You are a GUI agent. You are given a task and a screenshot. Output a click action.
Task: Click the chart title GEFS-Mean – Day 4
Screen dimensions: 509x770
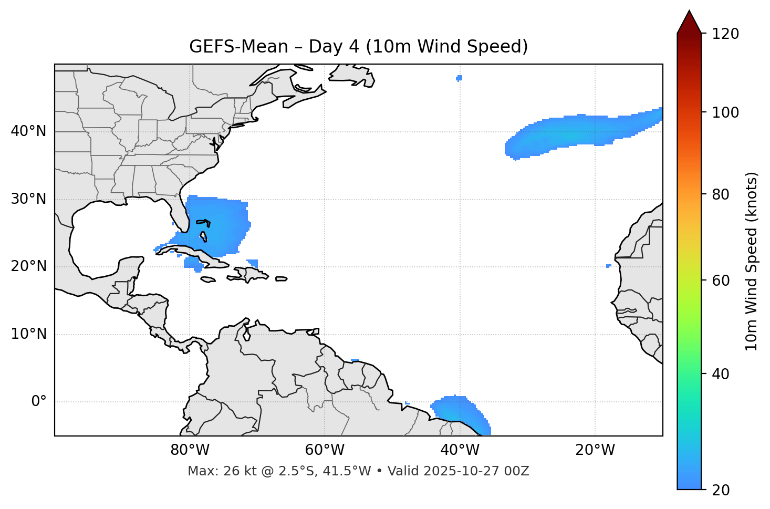(x=358, y=47)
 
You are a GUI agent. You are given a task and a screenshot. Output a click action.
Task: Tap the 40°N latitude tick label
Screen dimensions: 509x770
(x=28, y=131)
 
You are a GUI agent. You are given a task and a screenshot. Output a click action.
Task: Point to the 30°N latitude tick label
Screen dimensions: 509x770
(x=28, y=199)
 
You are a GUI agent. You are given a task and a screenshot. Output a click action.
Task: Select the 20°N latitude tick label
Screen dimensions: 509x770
(x=28, y=266)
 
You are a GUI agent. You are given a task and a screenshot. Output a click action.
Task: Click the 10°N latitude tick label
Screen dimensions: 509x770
(x=28, y=334)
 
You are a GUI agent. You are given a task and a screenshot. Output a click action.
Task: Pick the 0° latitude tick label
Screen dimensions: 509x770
(x=39, y=402)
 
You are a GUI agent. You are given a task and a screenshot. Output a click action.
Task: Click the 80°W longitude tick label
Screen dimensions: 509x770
(x=190, y=450)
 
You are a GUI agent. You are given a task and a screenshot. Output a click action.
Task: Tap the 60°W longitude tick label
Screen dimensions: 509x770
(x=325, y=450)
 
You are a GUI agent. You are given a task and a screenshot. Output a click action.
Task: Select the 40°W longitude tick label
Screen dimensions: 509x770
(x=460, y=450)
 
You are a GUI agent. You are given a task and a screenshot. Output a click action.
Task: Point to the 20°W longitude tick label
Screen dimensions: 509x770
(x=595, y=450)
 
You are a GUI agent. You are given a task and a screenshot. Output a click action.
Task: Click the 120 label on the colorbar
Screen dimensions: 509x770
(x=725, y=34)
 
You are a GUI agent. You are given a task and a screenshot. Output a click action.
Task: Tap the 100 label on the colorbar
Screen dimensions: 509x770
(x=725, y=112)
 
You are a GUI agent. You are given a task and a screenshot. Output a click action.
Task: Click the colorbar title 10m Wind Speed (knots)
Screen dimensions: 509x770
(x=752, y=261)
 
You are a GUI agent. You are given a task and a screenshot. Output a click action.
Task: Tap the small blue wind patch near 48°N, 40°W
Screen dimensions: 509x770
(x=459, y=78)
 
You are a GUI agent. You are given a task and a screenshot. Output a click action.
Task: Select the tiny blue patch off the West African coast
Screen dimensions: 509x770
(x=608, y=266)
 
